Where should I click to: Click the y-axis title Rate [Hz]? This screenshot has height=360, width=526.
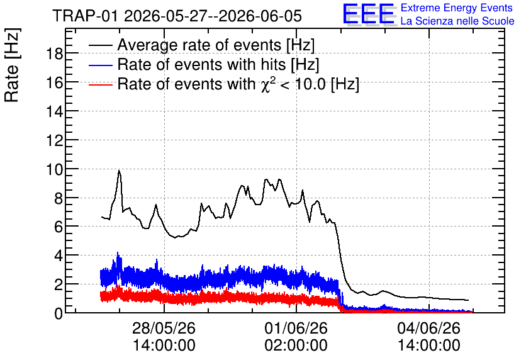point(12,65)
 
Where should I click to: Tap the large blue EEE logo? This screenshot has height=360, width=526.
point(369,14)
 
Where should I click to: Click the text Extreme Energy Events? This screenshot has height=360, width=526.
point(457,8)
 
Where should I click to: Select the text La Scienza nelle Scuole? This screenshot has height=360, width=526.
point(457,21)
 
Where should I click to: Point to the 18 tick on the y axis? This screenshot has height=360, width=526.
point(54,53)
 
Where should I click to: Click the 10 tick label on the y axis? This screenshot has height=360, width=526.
point(54,169)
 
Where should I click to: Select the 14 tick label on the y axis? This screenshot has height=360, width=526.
point(54,111)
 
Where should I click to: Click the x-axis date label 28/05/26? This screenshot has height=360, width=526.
point(164,328)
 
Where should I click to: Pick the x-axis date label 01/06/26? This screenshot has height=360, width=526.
point(296,328)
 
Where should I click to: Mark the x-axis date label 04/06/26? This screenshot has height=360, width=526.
point(428,328)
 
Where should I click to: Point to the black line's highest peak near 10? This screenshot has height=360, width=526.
point(119,171)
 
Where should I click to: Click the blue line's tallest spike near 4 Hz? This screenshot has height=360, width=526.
point(118,252)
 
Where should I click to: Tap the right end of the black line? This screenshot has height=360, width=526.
point(468,300)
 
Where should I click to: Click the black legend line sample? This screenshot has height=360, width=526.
point(100,45)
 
